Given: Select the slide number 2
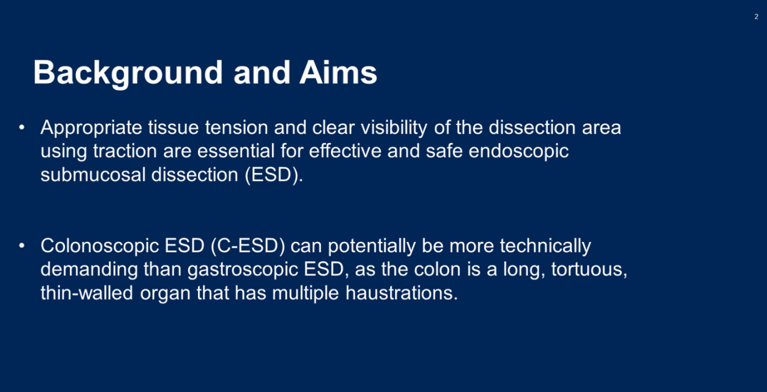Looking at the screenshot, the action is (756, 16).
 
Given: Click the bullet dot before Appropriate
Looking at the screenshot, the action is (22, 128).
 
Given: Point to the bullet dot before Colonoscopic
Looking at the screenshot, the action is (22, 246).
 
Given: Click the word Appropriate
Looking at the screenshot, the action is (91, 128).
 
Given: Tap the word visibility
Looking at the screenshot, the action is (394, 128).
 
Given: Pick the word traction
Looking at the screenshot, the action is (125, 151).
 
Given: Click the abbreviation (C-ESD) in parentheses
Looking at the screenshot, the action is (248, 246).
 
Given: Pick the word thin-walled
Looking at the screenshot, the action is (87, 293).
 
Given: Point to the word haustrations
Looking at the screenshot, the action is (402, 293).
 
